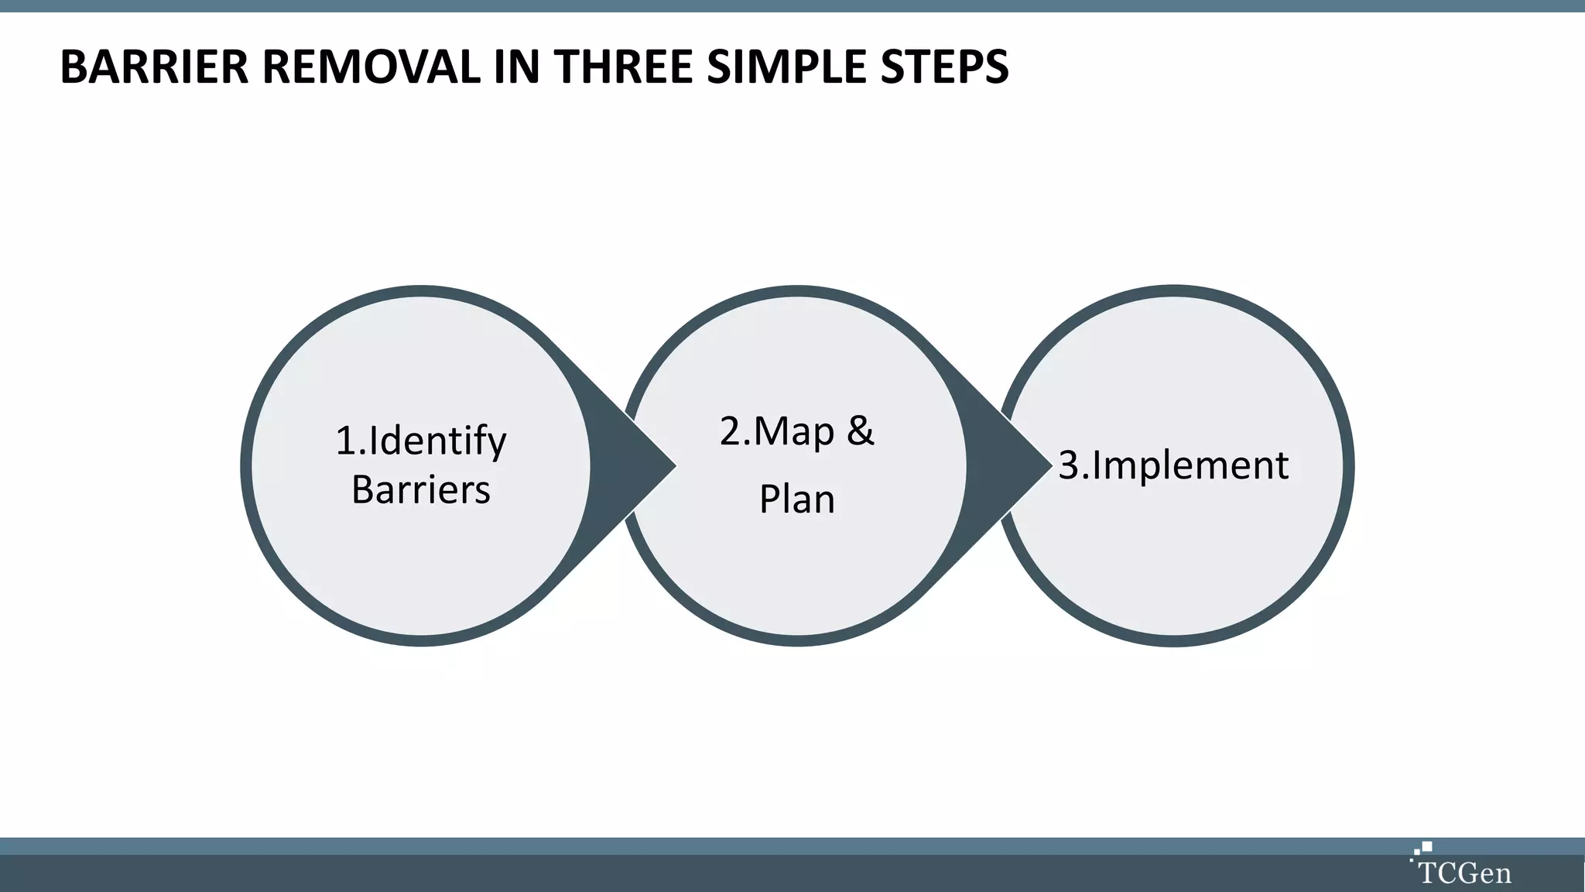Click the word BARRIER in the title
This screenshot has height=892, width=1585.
153,67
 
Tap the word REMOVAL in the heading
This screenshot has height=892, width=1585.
370,67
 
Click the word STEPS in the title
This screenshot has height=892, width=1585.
944,67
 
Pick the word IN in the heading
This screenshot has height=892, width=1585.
516,67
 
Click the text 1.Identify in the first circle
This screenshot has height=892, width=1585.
421,441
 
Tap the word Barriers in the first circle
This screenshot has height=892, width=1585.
421,490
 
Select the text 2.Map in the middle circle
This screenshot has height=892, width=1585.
777,431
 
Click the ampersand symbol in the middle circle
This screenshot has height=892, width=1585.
860,431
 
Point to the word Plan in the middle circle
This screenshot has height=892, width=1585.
797,499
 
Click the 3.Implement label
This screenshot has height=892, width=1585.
1173,465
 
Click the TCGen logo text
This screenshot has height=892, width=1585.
1464,873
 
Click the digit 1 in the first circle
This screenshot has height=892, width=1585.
345,441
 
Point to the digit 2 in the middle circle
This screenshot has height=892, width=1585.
730,431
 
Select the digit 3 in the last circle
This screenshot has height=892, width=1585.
1068,465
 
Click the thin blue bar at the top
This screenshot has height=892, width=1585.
792,5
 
